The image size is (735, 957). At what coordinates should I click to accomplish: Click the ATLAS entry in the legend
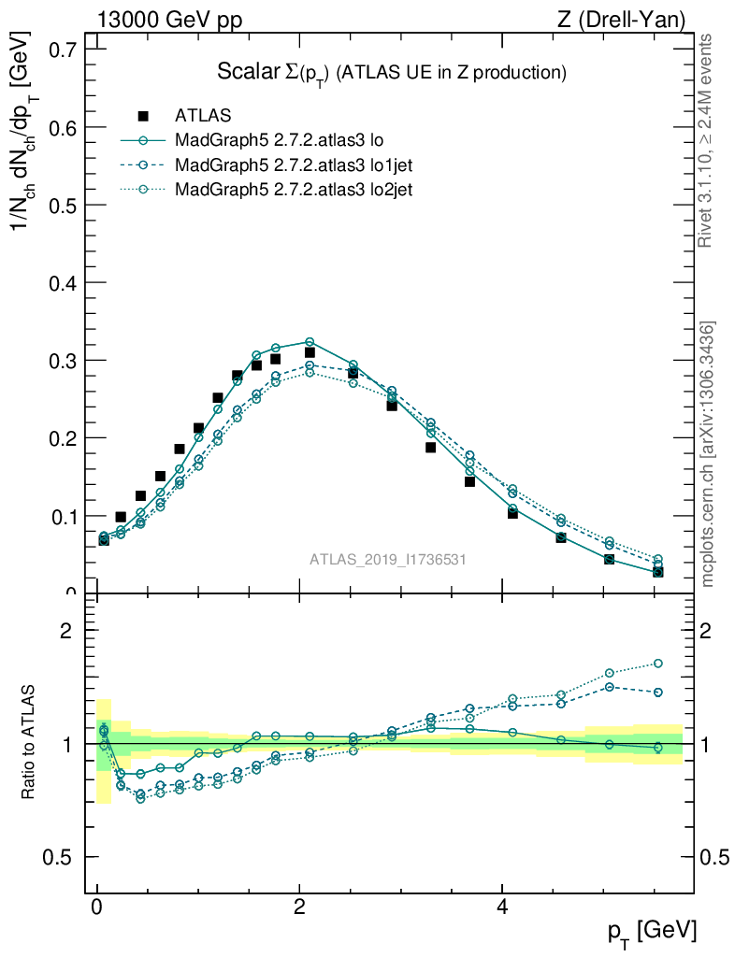tap(203, 116)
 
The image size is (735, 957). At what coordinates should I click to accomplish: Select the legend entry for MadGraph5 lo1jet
tap(294, 165)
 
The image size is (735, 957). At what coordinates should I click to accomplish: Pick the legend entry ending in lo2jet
tap(294, 190)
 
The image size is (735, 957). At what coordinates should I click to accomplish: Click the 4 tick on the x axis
tap(502, 907)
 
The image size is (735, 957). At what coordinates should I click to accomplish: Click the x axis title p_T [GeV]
tap(652, 931)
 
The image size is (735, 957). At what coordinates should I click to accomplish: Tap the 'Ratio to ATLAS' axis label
tap(29, 744)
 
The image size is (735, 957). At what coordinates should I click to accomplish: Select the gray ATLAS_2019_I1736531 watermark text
tap(388, 560)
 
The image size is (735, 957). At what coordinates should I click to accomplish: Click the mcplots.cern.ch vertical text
tap(709, 454)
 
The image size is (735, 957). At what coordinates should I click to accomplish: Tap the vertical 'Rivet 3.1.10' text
tap(706, 140)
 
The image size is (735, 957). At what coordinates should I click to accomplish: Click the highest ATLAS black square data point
tap(310, 352)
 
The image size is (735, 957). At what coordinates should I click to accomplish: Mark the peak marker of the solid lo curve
tap(310, 342)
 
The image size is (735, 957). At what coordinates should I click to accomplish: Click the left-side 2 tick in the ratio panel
tap(66, 631)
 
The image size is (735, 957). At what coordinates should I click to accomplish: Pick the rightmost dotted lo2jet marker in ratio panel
tap(657, 664)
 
